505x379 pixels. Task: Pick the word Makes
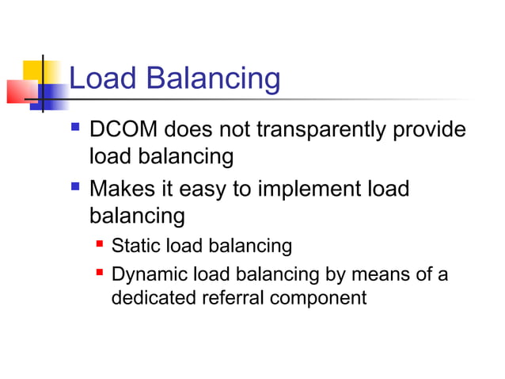[x=121, y=189]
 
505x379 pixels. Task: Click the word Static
[x=135, y=246]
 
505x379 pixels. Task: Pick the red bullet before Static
[x=101, y=245]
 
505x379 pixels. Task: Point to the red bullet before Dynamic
[x=101, y=274]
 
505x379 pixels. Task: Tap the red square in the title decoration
[x=19, y=91]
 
